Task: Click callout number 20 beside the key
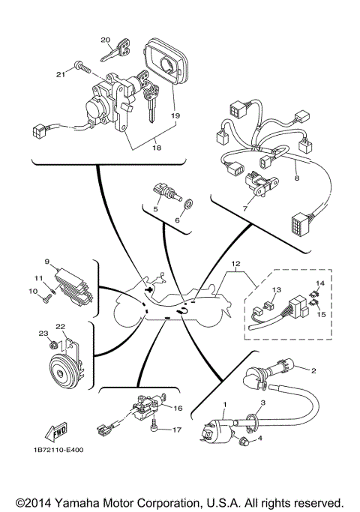point(105,40)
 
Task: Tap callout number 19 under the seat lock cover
point(175,115)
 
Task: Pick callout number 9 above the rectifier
point(46,262)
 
